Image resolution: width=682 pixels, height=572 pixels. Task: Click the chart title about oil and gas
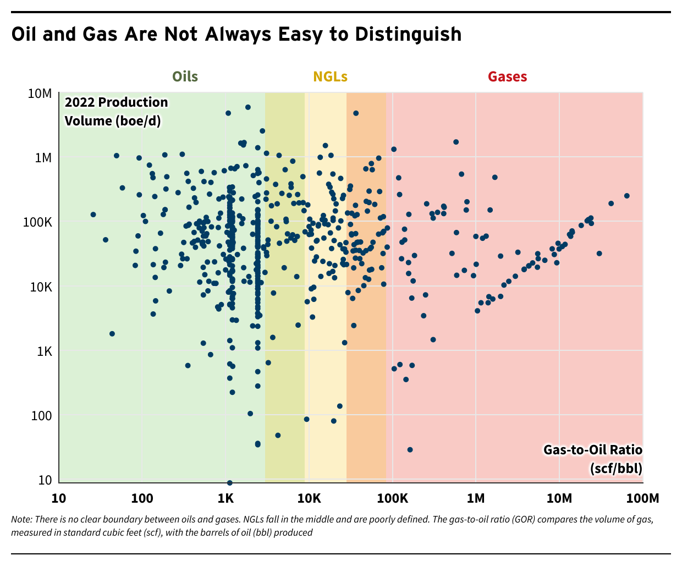point(237,34)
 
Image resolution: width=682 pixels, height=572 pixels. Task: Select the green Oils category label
point(185,76)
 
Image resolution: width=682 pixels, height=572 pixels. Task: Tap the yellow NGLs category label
point(330,76)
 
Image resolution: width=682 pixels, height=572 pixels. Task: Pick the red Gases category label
point(507,76)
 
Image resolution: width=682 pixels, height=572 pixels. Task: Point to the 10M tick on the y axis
point(40,94)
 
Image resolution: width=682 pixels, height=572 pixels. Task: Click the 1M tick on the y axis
point(43,158)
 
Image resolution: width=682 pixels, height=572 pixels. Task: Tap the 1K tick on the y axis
point(44,351)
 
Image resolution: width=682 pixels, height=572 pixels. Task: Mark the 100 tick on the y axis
point(42,416)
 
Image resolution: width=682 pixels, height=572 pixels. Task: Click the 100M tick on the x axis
point(642,498)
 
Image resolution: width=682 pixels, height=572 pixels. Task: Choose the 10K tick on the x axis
point(309,498)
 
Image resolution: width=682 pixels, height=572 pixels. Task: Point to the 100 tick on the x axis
point(142,498)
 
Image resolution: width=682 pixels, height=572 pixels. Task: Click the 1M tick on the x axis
point(476,498)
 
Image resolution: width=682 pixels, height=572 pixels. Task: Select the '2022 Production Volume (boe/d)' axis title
point(116,111)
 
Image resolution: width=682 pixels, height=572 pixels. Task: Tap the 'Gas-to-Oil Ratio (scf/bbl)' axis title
point(593,459)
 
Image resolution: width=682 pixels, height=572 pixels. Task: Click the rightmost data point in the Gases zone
point(626,196)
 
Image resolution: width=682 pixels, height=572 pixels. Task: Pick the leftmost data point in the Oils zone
point(93,215)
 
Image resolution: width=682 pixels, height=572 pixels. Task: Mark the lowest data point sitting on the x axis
point(229,483)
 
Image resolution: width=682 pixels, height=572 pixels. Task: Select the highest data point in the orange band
point(356,113)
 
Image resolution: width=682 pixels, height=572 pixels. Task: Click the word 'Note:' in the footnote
point(21,519)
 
